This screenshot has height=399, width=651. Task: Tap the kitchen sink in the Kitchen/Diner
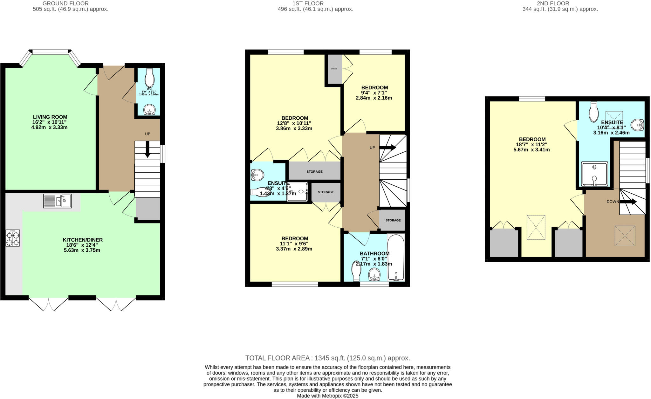(58, 201)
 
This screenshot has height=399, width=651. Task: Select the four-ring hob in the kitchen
(13, 238)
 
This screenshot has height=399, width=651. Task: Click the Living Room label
(50, 117)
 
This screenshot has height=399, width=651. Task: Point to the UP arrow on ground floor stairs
(147, 149)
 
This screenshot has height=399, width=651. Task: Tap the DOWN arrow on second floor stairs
(628, 202)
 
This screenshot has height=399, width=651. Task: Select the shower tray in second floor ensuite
(594, 174)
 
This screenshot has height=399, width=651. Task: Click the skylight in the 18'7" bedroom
(536, 227)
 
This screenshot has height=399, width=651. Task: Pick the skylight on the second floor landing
(625, 236)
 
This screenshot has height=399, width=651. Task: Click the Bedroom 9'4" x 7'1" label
(374, 88)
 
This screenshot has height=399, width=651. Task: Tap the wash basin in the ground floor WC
(149, 110)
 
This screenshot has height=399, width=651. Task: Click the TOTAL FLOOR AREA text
(327, 358)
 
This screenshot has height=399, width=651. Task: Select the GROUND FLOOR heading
(65, 3)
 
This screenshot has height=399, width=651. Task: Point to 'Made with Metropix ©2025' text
(327, 396)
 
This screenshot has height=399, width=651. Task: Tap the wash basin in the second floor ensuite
(637, 125)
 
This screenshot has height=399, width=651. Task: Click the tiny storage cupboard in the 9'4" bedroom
(334, 69)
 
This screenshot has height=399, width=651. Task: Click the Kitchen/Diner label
(82, 240)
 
